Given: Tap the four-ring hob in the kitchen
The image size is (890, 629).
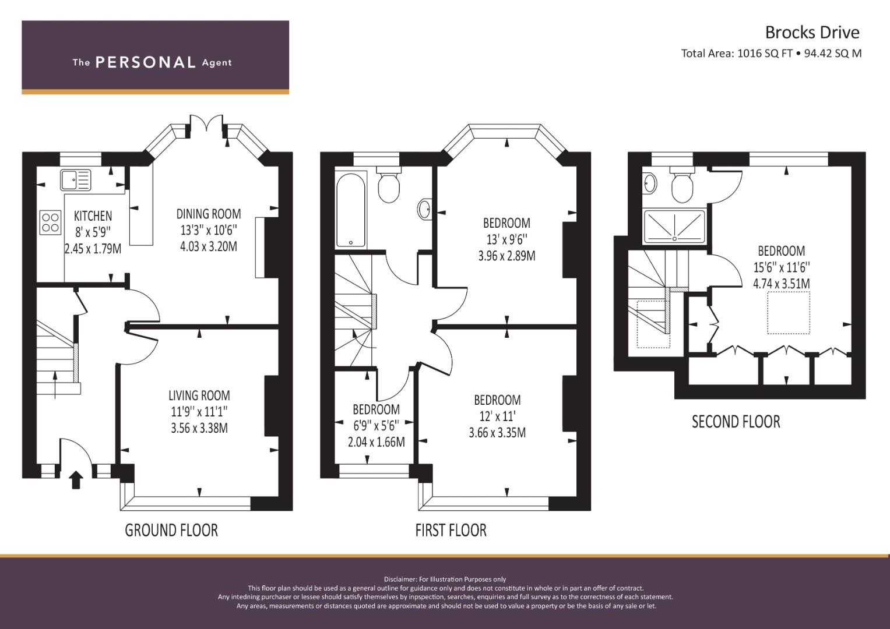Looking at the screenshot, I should [50, 221].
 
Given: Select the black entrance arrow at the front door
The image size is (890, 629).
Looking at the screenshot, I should [76, 480].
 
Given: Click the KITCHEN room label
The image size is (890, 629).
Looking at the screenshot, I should [93, 216].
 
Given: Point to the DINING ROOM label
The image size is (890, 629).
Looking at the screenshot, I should [209, 214].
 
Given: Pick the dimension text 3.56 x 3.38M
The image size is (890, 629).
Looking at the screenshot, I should [199, 428].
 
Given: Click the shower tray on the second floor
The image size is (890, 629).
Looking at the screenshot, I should [674, 227].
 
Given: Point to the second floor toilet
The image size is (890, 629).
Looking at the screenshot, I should [682, 185].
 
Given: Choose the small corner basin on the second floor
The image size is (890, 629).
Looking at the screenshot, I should [649, 183].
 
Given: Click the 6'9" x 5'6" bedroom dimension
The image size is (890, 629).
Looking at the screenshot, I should [376, 426].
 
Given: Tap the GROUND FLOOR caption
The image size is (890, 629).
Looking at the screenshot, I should [171, 530].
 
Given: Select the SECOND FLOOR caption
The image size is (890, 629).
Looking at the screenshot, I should [736, 421].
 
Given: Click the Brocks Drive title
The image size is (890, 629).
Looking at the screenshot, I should [812, 32].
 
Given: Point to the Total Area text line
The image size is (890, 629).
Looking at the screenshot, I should [771, 54].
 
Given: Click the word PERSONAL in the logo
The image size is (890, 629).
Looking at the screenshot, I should [145, 62].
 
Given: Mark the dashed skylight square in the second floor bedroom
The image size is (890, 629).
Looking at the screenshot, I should [789, 312].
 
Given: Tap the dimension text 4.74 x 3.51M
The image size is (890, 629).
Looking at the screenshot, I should [781, 284].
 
